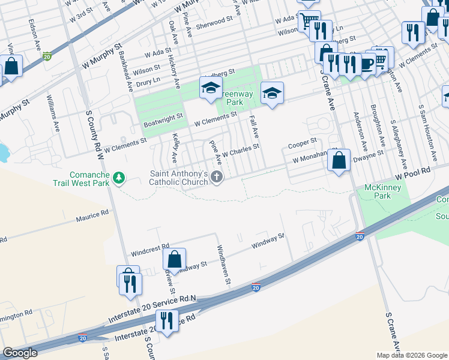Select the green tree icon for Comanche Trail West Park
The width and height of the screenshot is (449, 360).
click(x=119, y=178)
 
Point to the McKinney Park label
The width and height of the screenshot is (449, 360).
click(x=382, y=192)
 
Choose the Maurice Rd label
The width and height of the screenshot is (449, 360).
click(x=92, y=214)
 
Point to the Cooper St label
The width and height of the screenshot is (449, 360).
click(x=302, y=143)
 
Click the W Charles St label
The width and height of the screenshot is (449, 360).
click(x=240, y=150)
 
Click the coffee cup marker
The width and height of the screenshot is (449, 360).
click(x=366, y=63)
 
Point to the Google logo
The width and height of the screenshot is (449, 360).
click(x=20, y=353)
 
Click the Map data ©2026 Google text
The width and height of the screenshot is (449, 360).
click(x=412, y=355)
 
